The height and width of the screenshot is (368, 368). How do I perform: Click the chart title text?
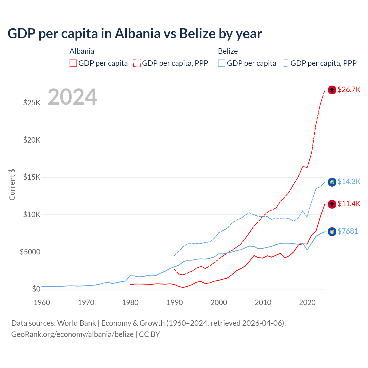135,34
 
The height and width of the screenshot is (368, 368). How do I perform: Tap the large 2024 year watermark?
72,97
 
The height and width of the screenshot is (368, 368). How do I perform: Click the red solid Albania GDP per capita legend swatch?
73,63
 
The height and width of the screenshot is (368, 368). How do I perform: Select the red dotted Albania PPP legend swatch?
137,63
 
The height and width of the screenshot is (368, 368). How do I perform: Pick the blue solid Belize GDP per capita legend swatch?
222,63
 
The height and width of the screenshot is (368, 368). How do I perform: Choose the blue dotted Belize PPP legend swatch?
285,63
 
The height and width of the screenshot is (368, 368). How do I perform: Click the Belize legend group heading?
228,51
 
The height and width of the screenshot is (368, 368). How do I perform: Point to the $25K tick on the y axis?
32,103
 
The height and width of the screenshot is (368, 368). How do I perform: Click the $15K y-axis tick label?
32,177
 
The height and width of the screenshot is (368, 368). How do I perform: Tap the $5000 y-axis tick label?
30,252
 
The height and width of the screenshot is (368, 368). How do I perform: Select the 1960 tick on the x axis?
42,302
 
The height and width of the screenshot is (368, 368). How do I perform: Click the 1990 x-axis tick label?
175,302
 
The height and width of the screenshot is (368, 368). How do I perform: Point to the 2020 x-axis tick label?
307,302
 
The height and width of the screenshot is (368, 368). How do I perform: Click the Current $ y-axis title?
12,184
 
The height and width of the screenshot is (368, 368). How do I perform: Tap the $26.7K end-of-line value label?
349,89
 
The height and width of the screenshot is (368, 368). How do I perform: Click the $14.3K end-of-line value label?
349,181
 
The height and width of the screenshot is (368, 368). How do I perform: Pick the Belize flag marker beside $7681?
332,232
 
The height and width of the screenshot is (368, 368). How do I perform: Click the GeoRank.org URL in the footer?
72,334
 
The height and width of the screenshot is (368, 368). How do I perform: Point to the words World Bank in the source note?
76,323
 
